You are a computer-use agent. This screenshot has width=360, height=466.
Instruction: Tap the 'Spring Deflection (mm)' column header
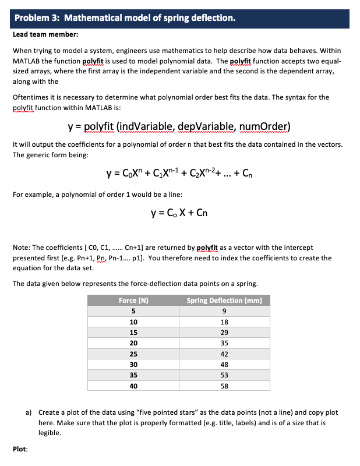coord(224,301)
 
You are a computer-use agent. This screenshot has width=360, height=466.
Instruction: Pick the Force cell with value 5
coord(133,311)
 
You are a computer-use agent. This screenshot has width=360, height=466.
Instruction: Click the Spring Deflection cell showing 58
coord(224,386)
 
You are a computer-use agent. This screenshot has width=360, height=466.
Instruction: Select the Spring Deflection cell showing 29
coord(224,332)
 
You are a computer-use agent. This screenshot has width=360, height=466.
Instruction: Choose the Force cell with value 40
coord(133,386)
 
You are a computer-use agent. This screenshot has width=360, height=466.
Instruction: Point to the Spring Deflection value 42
coord(224,354)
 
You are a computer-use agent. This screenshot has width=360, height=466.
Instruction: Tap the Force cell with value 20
coord(133,343)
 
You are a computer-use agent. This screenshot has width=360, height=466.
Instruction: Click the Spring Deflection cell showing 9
coord(224,311)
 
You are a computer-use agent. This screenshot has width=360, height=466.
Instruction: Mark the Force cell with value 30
coord(133,364)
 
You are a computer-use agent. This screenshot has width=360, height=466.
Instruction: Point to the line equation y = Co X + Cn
coord(179,212)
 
